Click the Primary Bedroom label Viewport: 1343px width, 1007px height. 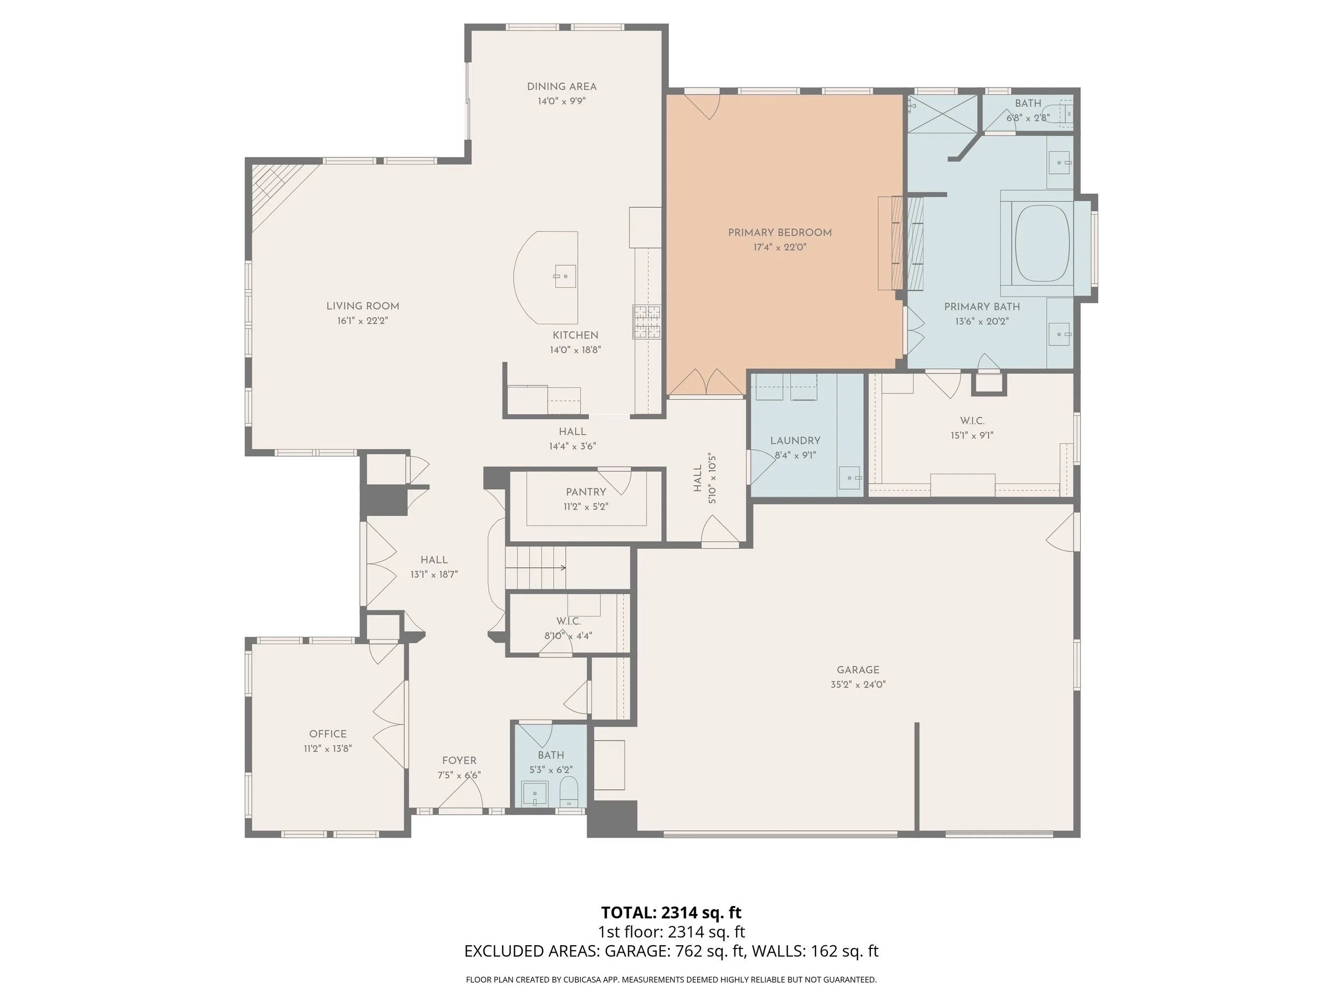pyautogui.click(x=779, y=233)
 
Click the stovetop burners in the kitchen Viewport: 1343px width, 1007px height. pyautogui.click(x=647, y=321)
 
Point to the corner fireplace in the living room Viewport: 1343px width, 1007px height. pyautogui.click(x=277, y=191)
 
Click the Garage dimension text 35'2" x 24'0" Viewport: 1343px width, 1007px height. pyautogui.click(x=858, y=684)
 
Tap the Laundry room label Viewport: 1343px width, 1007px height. pyautogui.click(x=796, y=441)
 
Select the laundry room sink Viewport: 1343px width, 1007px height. pyautogui.click(x=850, y=477)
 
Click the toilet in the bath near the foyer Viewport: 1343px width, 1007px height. pyautogui.click(x=568, y=792)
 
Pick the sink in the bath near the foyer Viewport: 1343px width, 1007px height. pyautogui.click(x=535, y=794)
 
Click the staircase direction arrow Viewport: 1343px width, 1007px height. pyautogui.click(x=536, y=568)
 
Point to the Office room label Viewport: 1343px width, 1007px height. pyautogui.click(x=328, y=734)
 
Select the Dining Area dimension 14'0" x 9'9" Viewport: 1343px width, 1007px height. pyautogui.click(x=561, y=102)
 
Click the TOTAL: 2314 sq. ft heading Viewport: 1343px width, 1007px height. pyautogui.click(x=671, y=912)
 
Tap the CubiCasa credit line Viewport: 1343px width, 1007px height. pyautogui.click(x=671, y=979)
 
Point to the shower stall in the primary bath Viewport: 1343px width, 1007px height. pyautogui.click(x=942, y=113)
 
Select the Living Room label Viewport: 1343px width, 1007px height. pyautogui.click(x=363, y=307)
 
